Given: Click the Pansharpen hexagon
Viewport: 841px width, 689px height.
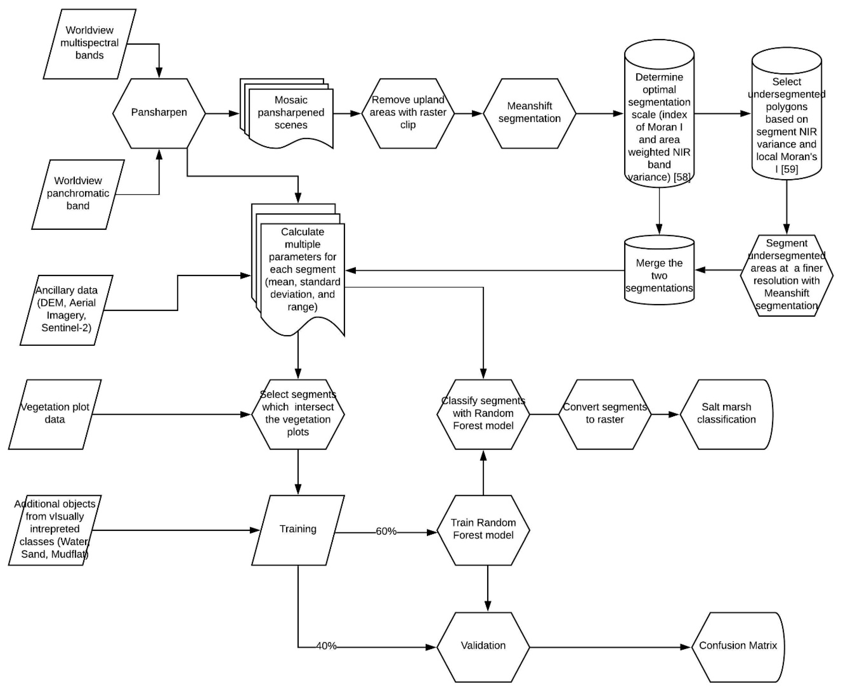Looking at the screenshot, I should (x=159, y=113).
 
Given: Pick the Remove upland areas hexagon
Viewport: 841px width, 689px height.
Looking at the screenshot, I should (x=408, y=113).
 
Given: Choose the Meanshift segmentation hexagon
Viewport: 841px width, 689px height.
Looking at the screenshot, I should (x=529, y=113).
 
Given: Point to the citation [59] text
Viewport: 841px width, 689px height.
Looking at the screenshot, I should (x=789, y=169).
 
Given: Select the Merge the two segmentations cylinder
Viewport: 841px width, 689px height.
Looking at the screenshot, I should (x=659, y=275).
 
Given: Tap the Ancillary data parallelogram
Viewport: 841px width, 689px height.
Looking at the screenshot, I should (x=66, y=310).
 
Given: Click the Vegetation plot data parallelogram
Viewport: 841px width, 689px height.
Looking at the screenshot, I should (x=55, y=414).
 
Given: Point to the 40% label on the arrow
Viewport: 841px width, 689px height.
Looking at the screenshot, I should (x=326, y=646).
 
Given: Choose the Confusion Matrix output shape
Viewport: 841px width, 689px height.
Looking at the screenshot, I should (x=738, y=646).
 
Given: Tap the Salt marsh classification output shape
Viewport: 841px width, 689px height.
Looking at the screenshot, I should (x=726, y=414).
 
